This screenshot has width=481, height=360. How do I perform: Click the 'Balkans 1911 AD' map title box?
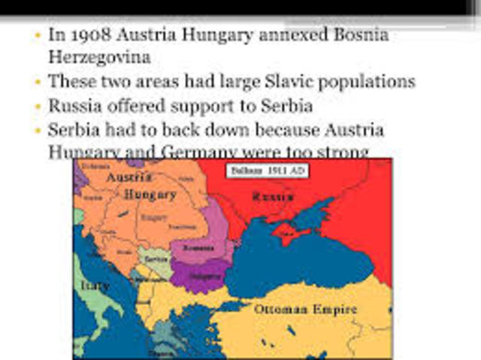259,171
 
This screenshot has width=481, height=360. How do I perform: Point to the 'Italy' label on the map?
95,286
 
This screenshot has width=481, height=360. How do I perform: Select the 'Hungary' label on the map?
150,194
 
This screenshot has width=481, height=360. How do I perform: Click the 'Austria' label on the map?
129,178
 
